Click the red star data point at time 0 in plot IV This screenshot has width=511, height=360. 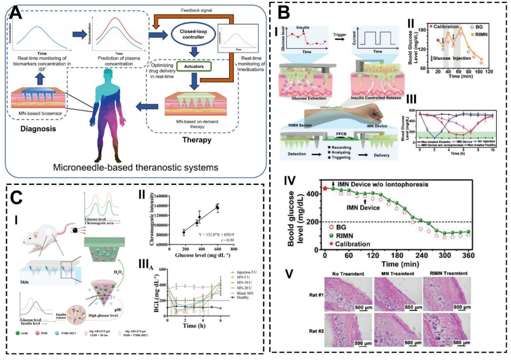(x=325, y=188)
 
